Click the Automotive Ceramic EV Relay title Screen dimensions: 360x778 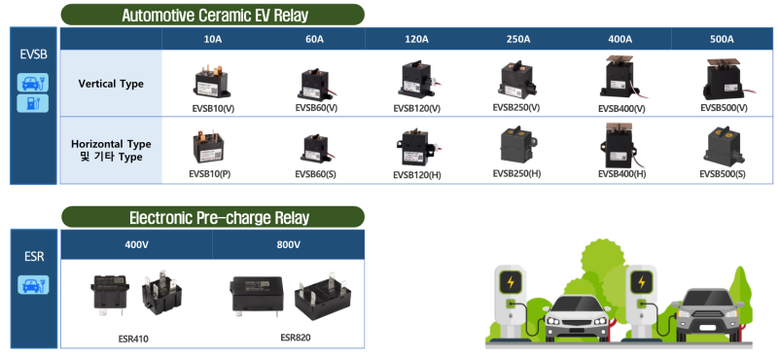pos(212,15)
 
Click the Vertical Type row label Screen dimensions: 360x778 pos(111,84)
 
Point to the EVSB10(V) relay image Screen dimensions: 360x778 pos(210,81)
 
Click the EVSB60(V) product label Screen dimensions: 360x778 pos(316,107)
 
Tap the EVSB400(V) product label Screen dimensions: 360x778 pos(621,108)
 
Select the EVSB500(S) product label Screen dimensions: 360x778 pos(723,173)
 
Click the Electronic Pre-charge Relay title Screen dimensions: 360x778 pos(212,217)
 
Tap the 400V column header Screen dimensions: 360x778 pos(136,244)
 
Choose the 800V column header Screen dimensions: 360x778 pos(289,244)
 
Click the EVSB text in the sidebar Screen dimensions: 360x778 pos(33,54)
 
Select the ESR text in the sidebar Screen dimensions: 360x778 pos(32,260)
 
